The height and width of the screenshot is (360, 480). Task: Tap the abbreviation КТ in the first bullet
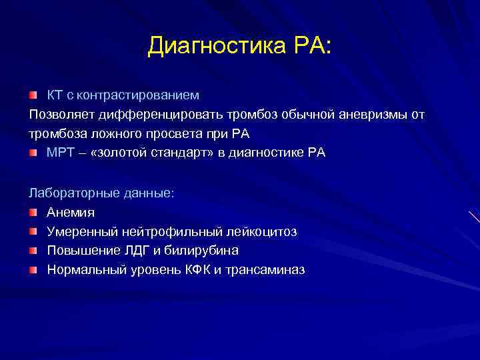point(55,95)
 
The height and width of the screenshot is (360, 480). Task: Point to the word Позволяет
point(59,115)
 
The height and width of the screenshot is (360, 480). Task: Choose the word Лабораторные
point(69,193)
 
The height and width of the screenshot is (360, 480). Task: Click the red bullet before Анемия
point(34,213)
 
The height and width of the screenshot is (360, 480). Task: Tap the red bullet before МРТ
point(34,153)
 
